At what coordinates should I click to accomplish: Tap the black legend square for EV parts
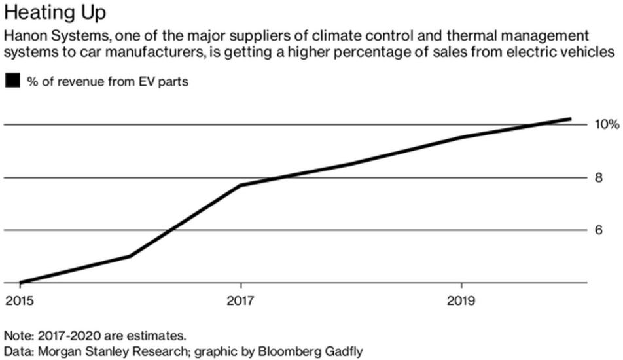click(x=12, y=81)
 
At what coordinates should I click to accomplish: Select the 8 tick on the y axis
click(x=598, y=177)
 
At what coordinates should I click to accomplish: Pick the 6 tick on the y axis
click(x=598, y=230)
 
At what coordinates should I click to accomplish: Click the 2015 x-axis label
click(x=20, y=301)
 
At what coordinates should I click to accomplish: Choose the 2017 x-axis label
click(x=240, y=301)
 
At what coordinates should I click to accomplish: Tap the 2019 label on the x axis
click(x=461, y=301)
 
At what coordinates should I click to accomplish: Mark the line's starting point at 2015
click(x=20, y=283)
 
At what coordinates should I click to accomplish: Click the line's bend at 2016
click(x=130, y=256)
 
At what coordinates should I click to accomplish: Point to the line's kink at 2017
click(x=241, y=185)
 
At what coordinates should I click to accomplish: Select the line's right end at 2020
click(x=571, y=119)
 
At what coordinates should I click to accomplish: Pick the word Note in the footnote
click(x=18, y=335)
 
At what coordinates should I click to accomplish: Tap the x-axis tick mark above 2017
click(x=241, y=286)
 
